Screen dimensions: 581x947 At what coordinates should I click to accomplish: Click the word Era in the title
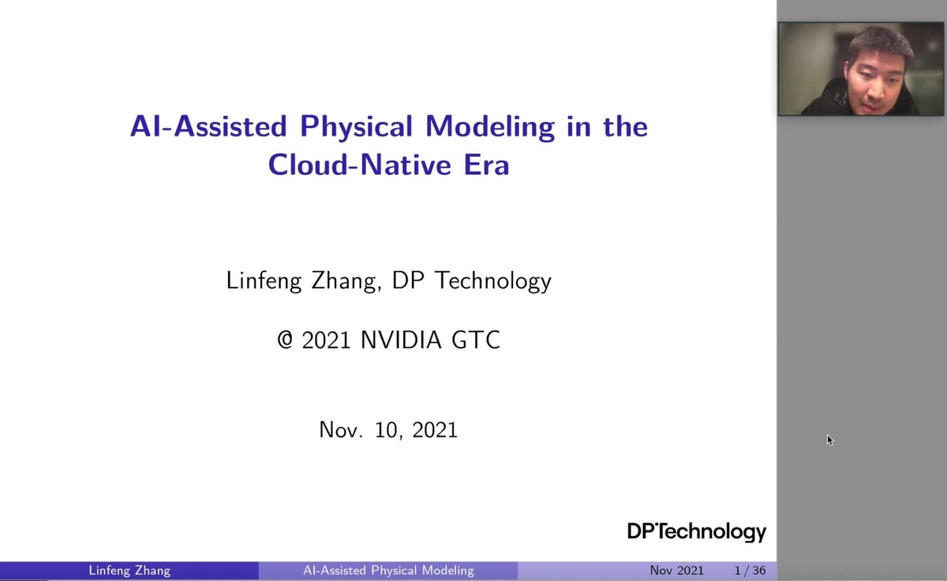click(x=485, y=166)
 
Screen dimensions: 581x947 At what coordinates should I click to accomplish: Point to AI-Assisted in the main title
click(x=208, y=127)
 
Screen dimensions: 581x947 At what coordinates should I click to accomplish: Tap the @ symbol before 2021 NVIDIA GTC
click(x=285, y=340)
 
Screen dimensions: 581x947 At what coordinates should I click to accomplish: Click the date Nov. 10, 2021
click(x=388, y=430)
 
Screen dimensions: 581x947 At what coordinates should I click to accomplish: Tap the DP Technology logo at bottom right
click(x=696, y=531)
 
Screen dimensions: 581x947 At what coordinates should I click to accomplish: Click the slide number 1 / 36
click(x=750, y=570)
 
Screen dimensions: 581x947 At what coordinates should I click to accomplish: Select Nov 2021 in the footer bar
click(x=676, y=570)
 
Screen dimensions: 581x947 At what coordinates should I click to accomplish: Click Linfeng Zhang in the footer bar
click(x=129, y=570)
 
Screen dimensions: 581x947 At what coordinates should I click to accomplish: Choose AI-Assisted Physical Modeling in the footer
click(x=388, y=570)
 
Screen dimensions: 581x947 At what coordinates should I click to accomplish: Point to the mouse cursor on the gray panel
click(x=829, y=439)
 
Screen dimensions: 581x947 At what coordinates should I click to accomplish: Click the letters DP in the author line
click(x=415, y=281)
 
